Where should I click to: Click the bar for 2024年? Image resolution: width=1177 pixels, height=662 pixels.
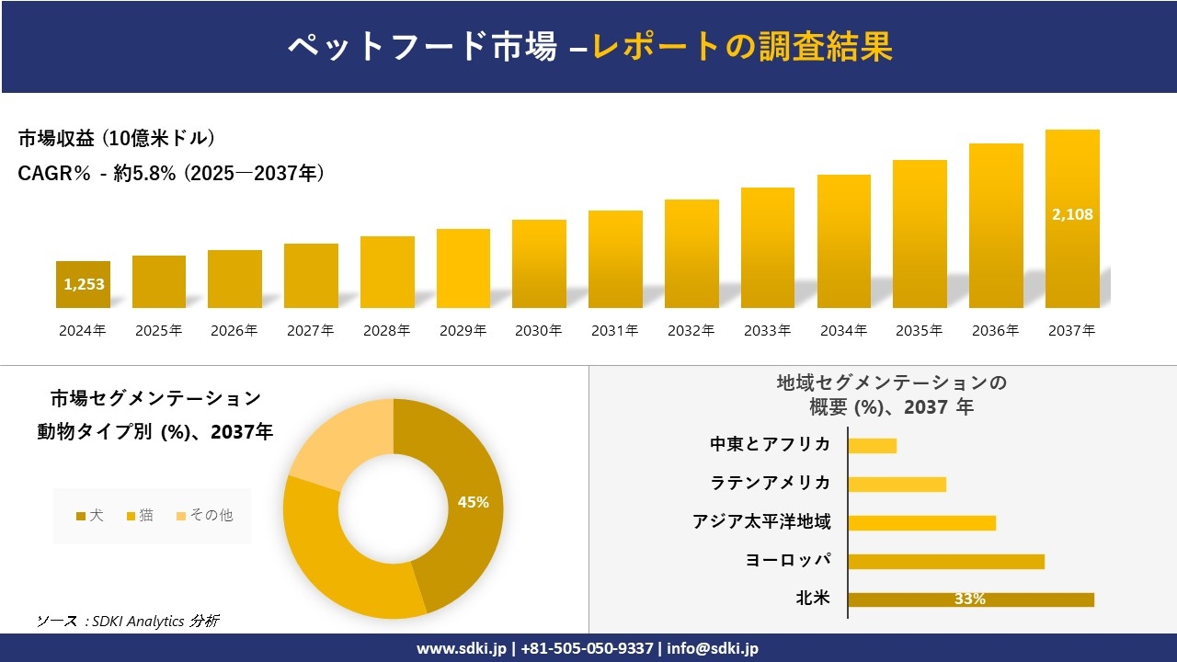(83, 284)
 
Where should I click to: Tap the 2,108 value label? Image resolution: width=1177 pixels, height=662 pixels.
(1072, 214)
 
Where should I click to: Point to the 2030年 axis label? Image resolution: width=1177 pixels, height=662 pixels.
(538, 331)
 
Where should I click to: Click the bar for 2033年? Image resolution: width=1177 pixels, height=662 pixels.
(768, 247)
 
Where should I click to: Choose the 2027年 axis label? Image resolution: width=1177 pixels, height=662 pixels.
(310, 331)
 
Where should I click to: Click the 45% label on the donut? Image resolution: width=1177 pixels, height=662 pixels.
(474, 502)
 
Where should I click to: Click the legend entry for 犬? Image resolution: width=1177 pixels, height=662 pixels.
(89, 516)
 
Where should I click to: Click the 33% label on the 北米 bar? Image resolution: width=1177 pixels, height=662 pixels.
(969, 599)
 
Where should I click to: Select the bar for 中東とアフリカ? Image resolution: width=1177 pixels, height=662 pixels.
(872, 445)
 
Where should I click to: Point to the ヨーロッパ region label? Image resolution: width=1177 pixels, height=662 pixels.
(788, 561)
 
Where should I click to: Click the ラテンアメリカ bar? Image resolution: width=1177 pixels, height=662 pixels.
(897, 484)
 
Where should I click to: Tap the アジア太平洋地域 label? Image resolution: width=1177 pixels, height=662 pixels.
(761, 522)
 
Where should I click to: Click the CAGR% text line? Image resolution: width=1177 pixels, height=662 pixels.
(171, 173)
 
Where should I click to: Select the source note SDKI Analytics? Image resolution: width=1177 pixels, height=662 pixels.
(128, 621)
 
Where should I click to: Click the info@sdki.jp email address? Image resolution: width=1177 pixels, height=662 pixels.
(713, 648)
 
